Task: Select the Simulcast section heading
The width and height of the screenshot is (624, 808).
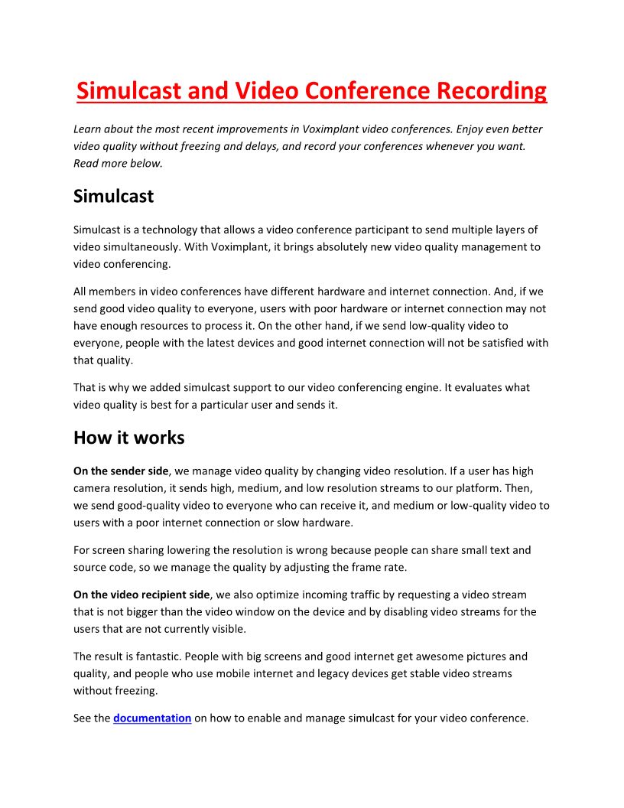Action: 113,196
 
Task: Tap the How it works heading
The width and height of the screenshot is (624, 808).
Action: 128,438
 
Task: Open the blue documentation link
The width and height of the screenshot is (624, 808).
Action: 152,718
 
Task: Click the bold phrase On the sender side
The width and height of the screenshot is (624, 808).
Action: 120,471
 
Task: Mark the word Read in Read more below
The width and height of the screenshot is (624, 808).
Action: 86,163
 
